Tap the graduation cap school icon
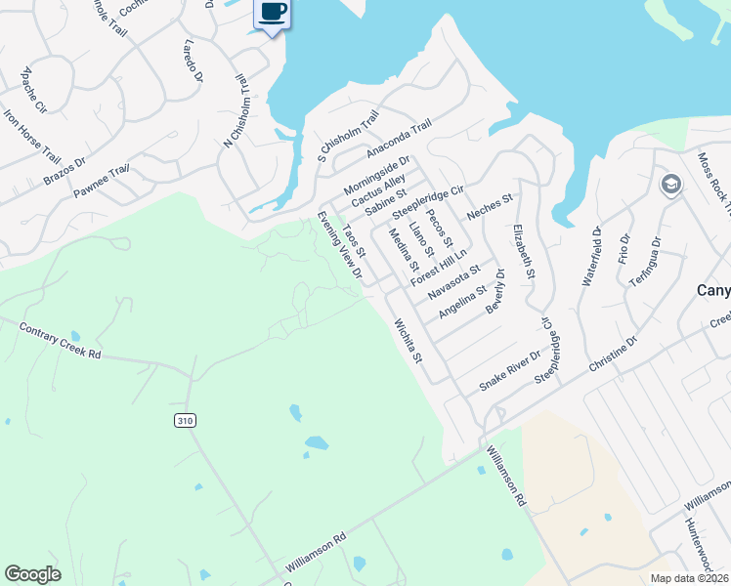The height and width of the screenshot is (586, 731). [x=670, y=185]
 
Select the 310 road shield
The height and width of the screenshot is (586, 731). [x=185, y=420]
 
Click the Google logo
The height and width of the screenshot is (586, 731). [x=33, y=574]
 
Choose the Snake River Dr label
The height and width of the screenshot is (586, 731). [x=509, y=371]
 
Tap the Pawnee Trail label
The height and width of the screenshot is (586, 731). [x=101, y=182]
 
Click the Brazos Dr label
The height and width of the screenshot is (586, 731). [x=64, y=170]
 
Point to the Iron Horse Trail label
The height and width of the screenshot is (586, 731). [x=31, y=136]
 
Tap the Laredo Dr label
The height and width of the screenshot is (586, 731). [x=193, y=61]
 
